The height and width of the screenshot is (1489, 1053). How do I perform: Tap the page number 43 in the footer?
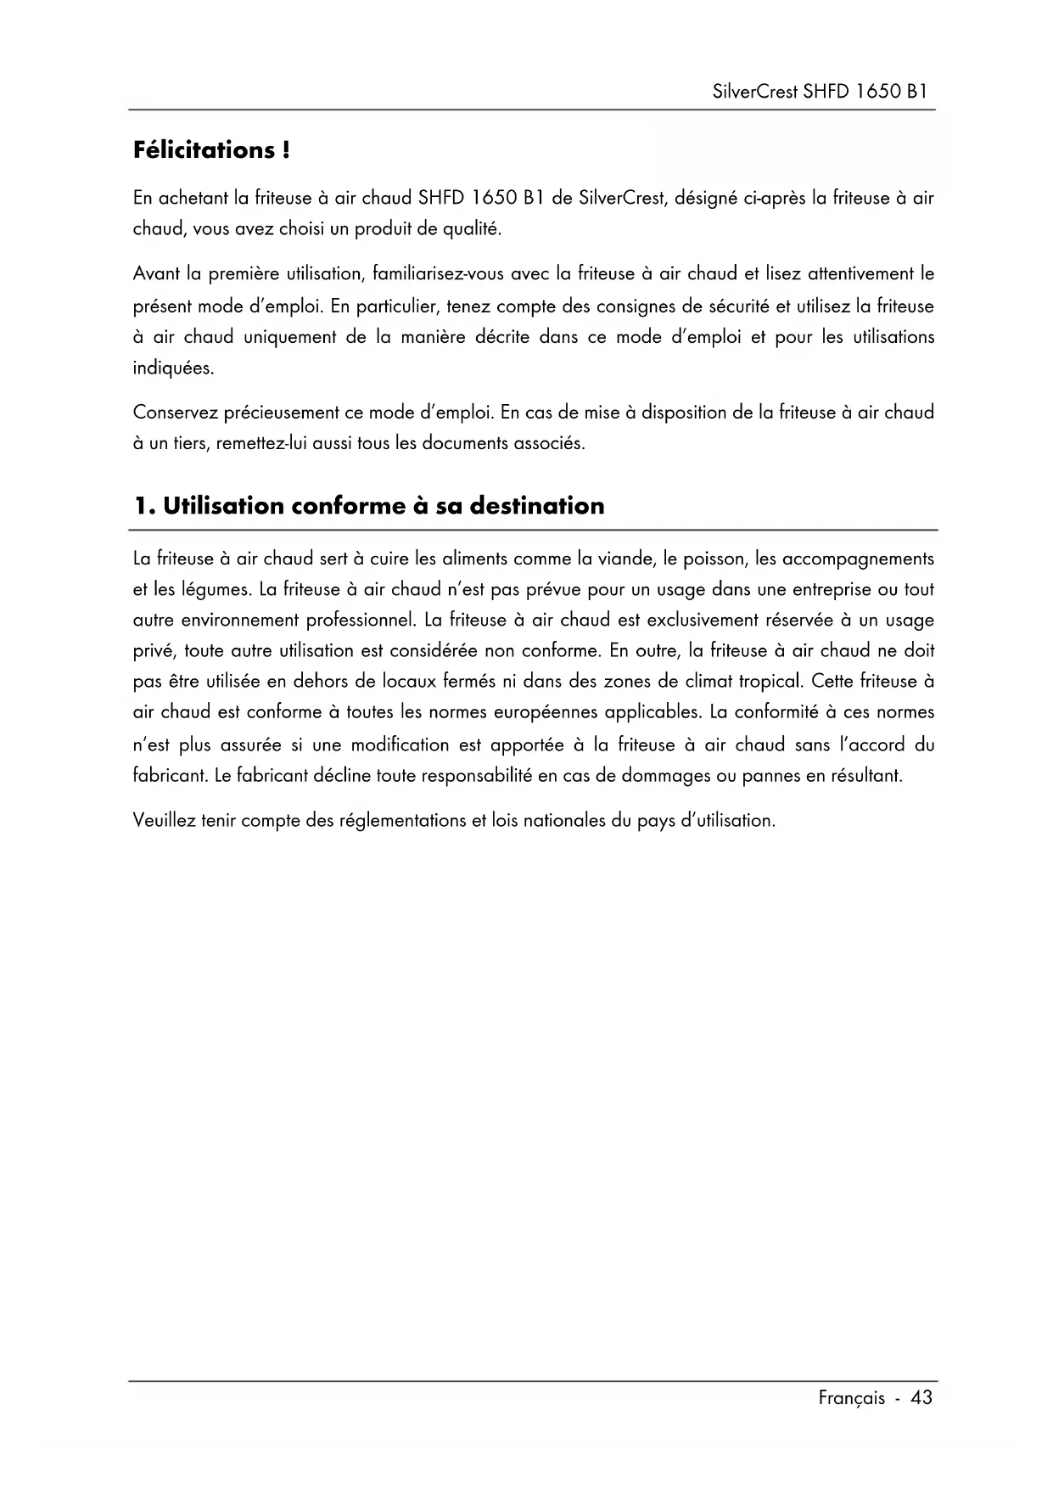pyautogui.click(x=921, y=1398)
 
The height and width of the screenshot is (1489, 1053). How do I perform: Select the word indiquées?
pyautogui.click(x=174, y=369)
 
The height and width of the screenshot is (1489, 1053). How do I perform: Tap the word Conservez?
pyautogui.click(x=175, y=413)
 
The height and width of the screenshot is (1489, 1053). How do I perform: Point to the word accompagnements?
pyautogui.click(x=858, y=559)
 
